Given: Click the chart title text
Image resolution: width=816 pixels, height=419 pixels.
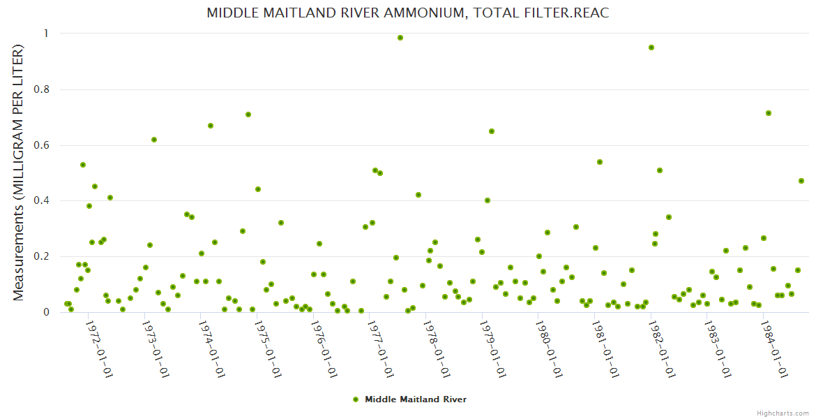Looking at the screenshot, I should click(408, 13).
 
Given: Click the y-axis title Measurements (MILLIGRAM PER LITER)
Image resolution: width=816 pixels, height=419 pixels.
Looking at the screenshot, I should click(19, 172).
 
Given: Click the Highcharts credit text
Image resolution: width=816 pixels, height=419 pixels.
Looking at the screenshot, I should click(783, 413).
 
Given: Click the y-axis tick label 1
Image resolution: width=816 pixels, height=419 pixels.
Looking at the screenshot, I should click(46, 34).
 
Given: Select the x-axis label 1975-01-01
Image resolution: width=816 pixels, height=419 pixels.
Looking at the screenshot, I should click(268, 348).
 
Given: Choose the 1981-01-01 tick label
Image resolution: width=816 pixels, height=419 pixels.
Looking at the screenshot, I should click(605, 348).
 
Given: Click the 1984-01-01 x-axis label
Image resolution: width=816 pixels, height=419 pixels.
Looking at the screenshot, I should click(774, 348).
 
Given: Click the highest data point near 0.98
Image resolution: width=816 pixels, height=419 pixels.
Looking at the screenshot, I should click(400, 38).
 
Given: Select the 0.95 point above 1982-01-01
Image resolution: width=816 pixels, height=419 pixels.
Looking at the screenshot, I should click(651, 47).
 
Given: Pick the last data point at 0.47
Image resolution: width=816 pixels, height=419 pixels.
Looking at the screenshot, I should click(801, 181).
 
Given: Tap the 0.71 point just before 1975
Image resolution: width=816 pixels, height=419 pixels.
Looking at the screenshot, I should click(248, 115).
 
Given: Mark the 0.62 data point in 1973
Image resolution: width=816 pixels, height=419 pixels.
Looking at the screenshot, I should click(154, 140).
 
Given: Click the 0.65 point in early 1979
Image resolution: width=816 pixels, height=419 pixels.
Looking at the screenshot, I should click(492, 131).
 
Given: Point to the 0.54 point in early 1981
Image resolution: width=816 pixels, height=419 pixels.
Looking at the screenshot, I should click(600, 162).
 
